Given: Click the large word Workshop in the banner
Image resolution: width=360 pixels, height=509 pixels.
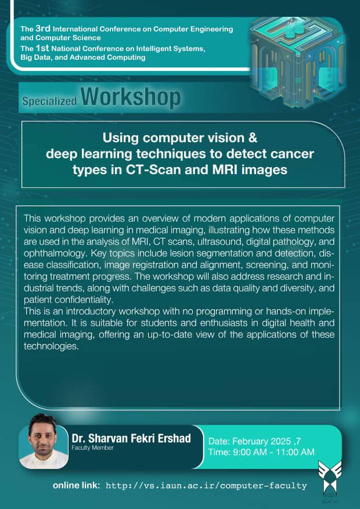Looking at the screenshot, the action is (x=131, y=97).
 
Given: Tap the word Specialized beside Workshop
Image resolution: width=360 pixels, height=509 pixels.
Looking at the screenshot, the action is (x=50, y=102).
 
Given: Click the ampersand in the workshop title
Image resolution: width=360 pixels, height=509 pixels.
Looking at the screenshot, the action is (x=253, y=138).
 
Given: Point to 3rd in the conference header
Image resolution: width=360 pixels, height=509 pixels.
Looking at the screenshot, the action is (x=43, y=28).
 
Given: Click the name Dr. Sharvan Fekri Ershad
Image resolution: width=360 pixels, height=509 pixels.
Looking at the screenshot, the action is (x=131, y=438).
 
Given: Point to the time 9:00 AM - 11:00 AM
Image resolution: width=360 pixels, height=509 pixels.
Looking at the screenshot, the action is (x=261, y=452).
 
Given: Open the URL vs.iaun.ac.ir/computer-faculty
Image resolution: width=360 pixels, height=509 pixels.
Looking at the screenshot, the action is (x=207, y=486).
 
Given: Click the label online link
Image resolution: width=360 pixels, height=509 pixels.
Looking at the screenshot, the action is (x=77, y=486).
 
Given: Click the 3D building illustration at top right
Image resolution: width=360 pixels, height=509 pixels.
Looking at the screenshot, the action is (x=297, y=62).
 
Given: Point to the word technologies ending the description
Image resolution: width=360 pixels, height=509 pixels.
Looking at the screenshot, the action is (x=52, y=346).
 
